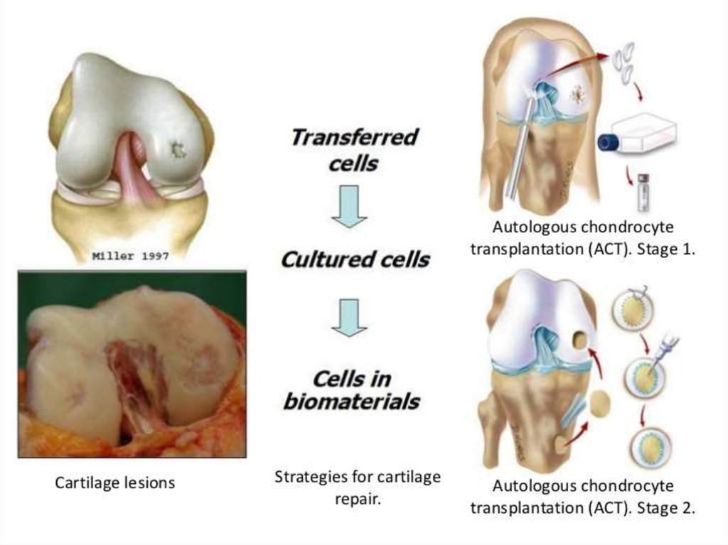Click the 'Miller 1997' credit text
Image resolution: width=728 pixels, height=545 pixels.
tap(130, 257)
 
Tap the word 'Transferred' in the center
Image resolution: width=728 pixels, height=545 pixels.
tap(353, 137)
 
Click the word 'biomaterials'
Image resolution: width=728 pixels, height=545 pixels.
tap(351, 402)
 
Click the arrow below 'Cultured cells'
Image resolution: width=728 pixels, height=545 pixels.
tap(349, 316)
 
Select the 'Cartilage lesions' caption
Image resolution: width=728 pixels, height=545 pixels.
tap(115, 483)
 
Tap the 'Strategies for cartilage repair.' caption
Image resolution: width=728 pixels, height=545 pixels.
tap(358, 487)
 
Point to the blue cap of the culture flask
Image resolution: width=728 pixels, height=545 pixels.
tap(608, 142)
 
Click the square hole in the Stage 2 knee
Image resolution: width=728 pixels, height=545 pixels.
tap(580, 340)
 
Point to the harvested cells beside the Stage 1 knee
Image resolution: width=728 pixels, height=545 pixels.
tap(625, 60)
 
